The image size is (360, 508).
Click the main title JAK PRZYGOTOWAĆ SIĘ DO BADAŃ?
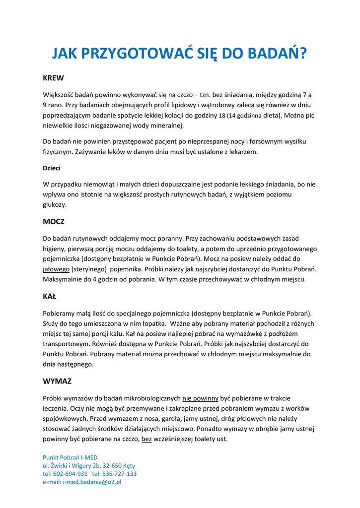pos(179,53)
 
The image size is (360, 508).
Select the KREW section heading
pos(53,78)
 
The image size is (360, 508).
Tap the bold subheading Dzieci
pos(52,168)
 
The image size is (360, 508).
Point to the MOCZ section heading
pos(54,222)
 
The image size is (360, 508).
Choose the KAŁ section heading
pos(50,297)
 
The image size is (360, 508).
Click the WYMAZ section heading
pos(57,381)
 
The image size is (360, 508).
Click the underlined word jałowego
pos(56,269)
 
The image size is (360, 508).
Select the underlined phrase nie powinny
pos(201,398)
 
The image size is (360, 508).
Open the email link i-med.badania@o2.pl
pos(92,482)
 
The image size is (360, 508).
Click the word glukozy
pos(54,204)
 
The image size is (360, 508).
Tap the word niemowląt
pos(95,184)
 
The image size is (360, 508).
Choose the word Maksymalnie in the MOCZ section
pos(62,279)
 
